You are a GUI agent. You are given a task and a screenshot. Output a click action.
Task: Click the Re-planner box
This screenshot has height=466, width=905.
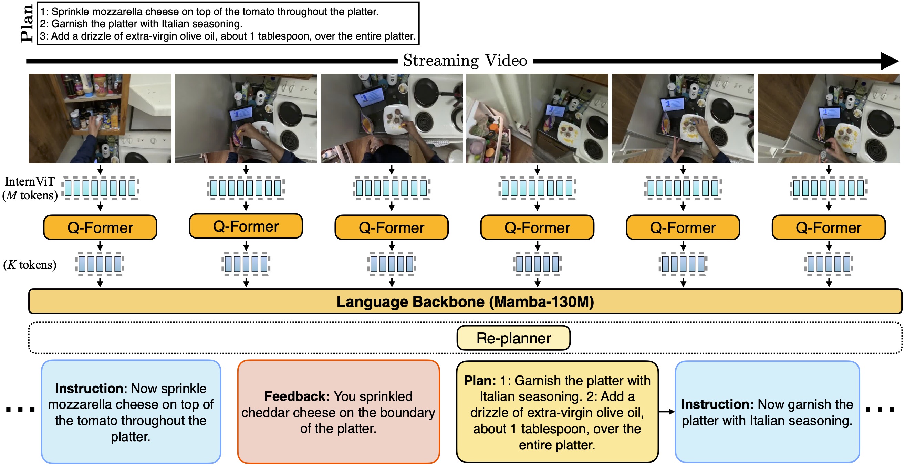point(513,338)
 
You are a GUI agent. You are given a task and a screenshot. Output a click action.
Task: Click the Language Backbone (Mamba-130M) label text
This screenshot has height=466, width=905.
point(465,301)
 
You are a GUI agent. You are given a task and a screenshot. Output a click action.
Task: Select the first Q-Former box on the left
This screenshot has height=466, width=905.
point(100,227)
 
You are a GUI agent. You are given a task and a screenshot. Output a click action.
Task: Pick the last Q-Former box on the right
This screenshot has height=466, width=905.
point(829,227)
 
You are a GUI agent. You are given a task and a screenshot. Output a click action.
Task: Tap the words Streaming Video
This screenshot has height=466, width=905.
point(465,60)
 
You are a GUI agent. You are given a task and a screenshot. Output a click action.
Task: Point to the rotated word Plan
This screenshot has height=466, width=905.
point(27,24)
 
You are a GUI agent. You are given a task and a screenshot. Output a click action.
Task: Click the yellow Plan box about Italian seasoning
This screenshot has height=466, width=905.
point(557,412)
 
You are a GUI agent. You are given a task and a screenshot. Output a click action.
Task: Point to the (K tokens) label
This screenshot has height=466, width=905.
point(30,264)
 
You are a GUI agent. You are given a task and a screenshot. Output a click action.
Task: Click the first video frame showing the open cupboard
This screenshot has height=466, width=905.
point(100,118)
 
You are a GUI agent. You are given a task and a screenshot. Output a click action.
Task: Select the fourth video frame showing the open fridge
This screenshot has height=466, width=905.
point(537,118)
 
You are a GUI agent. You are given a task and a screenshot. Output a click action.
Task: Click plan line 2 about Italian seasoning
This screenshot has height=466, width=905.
point(141,24)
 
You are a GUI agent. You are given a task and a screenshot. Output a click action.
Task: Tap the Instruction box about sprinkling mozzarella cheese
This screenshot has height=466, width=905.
point(131,412)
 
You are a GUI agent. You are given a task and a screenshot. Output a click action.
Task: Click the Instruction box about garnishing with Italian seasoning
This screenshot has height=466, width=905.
point(767,412)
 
